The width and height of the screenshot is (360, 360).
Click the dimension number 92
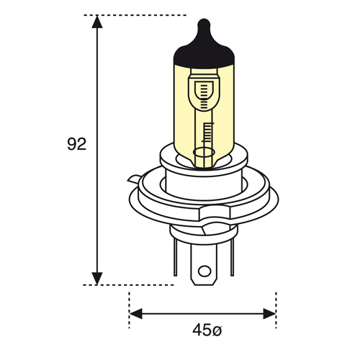pos(76,144)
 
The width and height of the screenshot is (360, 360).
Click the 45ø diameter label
pos(207,330)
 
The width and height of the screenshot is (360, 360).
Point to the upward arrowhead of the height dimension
pos(97,22)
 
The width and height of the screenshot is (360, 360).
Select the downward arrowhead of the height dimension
pos(97,279)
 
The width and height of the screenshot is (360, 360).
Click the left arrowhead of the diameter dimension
pos(135,314)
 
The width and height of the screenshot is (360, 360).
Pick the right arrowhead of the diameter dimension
pos(269,314)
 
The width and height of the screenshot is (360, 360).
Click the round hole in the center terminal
pos(204,271)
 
